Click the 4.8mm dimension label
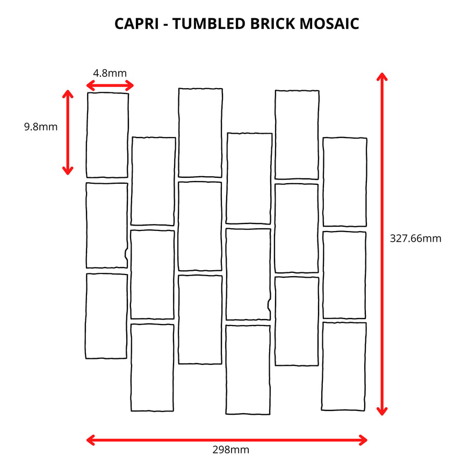(110, 73)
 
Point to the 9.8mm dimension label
(40, 127)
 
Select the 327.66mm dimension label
(415, 239)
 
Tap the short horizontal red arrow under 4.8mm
(110, 85)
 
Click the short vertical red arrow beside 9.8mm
(67, 132)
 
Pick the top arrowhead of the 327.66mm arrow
(382, 76)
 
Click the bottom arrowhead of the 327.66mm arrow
(382, 411)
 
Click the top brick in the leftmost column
(107, 135)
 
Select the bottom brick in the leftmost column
(106, 316)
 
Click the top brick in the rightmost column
(344, 182)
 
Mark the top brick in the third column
(200, 133)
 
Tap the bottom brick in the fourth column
(248, 370)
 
